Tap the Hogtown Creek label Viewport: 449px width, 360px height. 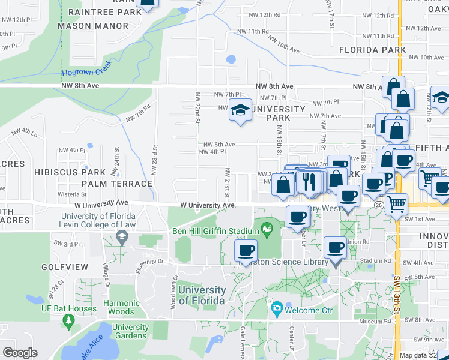click(86, 73)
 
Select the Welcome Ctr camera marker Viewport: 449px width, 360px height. click(277, 310)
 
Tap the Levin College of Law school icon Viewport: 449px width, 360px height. click(122, 239)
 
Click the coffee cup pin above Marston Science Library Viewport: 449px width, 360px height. click(244, 250)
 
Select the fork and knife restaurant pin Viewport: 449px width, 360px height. click(310, 181)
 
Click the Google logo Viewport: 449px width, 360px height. click(20, 353)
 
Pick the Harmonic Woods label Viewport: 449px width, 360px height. click(121, 307)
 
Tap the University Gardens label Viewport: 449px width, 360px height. click(130, 331)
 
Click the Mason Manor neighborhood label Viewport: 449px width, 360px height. click(92, 26)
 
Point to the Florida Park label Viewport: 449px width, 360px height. click(373, 50)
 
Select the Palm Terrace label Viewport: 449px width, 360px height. click(117, 184)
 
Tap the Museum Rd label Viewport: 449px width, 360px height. click(376, 322)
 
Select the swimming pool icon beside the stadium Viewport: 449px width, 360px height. click(267, 229)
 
